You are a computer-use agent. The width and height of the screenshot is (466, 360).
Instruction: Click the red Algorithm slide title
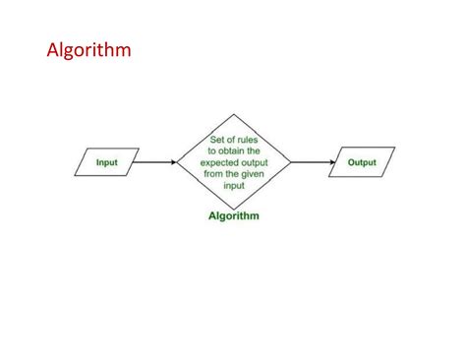coord(88,50)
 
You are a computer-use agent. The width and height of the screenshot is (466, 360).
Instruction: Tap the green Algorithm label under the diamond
coord(234,215)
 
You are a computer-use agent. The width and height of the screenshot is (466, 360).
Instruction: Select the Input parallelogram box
coord(107,161)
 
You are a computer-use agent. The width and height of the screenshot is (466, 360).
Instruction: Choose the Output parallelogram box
coord(361,161)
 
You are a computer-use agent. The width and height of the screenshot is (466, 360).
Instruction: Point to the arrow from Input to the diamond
coord(155,161)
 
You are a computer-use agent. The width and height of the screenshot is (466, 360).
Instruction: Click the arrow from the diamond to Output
coord(313,161)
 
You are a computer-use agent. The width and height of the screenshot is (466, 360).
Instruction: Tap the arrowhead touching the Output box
coord(330,161)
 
